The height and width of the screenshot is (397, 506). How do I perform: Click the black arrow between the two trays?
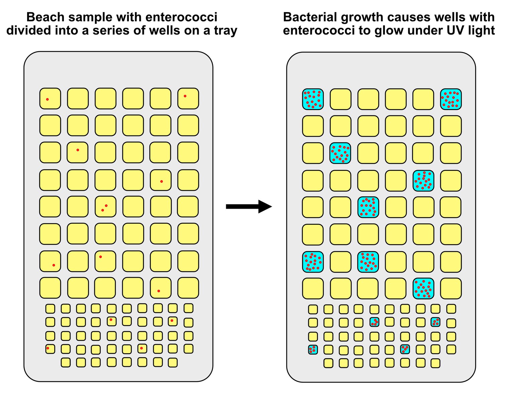click(249, 206)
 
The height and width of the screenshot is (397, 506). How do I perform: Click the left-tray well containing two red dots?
click(105, 207)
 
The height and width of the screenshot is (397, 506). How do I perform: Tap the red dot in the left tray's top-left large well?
click(47, 99)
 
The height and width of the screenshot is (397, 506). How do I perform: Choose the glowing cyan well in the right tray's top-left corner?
click(313, 99)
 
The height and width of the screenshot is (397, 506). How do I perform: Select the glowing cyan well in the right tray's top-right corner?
click(451, 99)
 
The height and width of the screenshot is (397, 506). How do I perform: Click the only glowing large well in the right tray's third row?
click(340, 153)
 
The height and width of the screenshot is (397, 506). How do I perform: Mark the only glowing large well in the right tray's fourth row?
click(423, 181)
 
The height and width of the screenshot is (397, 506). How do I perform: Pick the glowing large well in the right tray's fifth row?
click(368, 207)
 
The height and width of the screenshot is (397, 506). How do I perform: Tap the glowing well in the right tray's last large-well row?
click(423, 288)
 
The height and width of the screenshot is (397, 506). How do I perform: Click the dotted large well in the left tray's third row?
click(78, 153)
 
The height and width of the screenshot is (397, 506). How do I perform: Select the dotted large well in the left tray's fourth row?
click(161, 180)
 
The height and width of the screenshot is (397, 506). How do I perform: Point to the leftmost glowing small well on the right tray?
click(313, 350)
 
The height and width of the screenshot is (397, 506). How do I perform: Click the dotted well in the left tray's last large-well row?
click(161, 288)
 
